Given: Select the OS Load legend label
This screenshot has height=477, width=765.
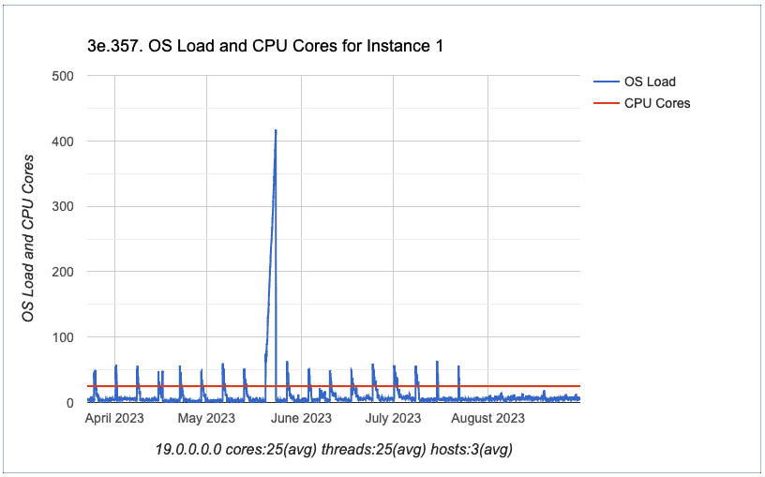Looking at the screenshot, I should tap(650, 82).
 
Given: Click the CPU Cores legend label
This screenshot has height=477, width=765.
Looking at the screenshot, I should tap(657, 103).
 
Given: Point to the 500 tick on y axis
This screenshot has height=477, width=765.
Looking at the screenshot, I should tap(63, 75).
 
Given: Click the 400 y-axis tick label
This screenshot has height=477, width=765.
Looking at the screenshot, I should tap(63, 141).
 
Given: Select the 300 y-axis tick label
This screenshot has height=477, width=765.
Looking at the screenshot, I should tap(63, 206).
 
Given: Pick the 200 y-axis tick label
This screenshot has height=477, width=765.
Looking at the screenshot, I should tap(63, 272).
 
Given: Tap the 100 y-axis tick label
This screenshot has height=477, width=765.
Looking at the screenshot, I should tap(63, 337).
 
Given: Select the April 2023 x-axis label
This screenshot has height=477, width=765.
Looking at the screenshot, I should tap(114, 419).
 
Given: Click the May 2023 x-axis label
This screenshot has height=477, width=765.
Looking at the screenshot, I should tap(206, 419).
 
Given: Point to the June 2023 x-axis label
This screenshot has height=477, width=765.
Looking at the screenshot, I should tap(302, 419).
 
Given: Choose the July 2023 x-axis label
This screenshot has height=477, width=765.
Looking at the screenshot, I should tap(393, 419).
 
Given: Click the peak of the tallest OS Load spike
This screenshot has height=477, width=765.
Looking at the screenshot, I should tap(276, 130).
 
